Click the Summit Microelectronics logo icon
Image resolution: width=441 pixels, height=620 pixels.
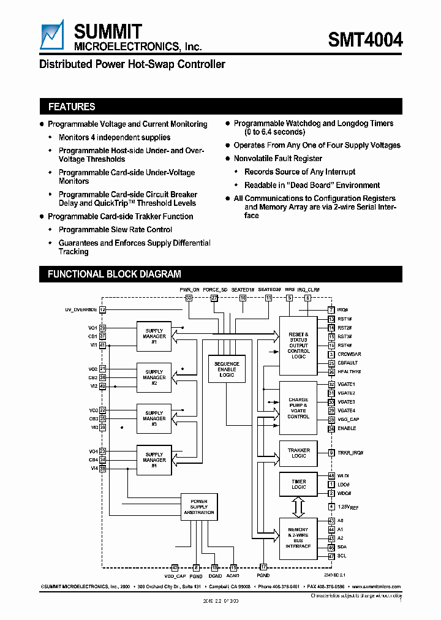(53, 36)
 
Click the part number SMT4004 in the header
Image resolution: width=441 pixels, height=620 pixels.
(365, 40)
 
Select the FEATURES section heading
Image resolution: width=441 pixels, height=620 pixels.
(72, 107)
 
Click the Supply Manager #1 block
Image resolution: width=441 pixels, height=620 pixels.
(154, 336)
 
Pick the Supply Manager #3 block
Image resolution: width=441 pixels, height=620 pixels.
(154, 418)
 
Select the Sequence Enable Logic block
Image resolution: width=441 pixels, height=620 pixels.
(227, 369)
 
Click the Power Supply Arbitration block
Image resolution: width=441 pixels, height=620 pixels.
(199, 507)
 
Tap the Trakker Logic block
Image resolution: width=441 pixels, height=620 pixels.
(298, 453)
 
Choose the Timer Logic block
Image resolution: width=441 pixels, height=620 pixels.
(298, 485)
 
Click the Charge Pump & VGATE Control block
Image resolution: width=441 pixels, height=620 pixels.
(298, 408)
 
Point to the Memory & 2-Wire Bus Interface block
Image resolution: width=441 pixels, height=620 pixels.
(298, 538)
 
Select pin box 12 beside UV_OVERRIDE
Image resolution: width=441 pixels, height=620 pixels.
(102, 310)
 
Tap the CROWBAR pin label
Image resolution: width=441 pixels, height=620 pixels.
(349, 354)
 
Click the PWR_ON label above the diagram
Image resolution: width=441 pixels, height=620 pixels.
(189, 289)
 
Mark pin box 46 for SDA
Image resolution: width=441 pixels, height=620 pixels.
(331, 547)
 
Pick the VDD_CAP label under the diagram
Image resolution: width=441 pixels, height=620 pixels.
(175, 576)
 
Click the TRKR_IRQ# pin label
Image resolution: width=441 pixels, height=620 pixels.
(350, 453)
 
